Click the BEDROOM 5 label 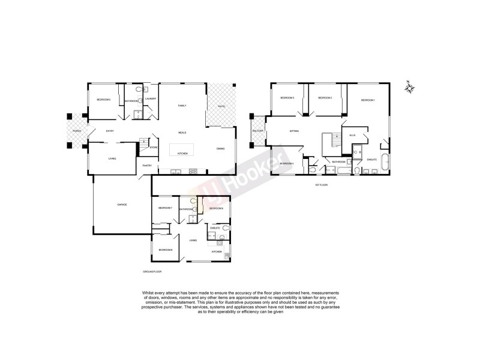pyautogui.click(x=104, y=100)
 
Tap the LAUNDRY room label pyautogui.click(x=151, y=99)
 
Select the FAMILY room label pyautogui.click(x=182, y=106)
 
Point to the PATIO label pyautogui.click(x=221, y=107)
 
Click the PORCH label pyautogui.click(x=77, y=131)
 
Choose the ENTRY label pyautogui.click(x=110, y=131)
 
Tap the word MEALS pyautogui.click(x=182, y=132)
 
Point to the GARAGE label pyautogui.click(x=121, y=205)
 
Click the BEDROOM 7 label pyautogui.click(x=165, y=208)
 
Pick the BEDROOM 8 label pyautogui.click(x=166, y=250)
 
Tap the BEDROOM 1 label pyautogui.click(x=368, y=100)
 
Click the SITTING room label pyautogui.click(x=294, y=131)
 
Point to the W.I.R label pyautogui.click(x=353, y=136)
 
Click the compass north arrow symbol pyautogui.click(x=410, y=88)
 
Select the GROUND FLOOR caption pyautogui.click(x=152, y=272)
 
